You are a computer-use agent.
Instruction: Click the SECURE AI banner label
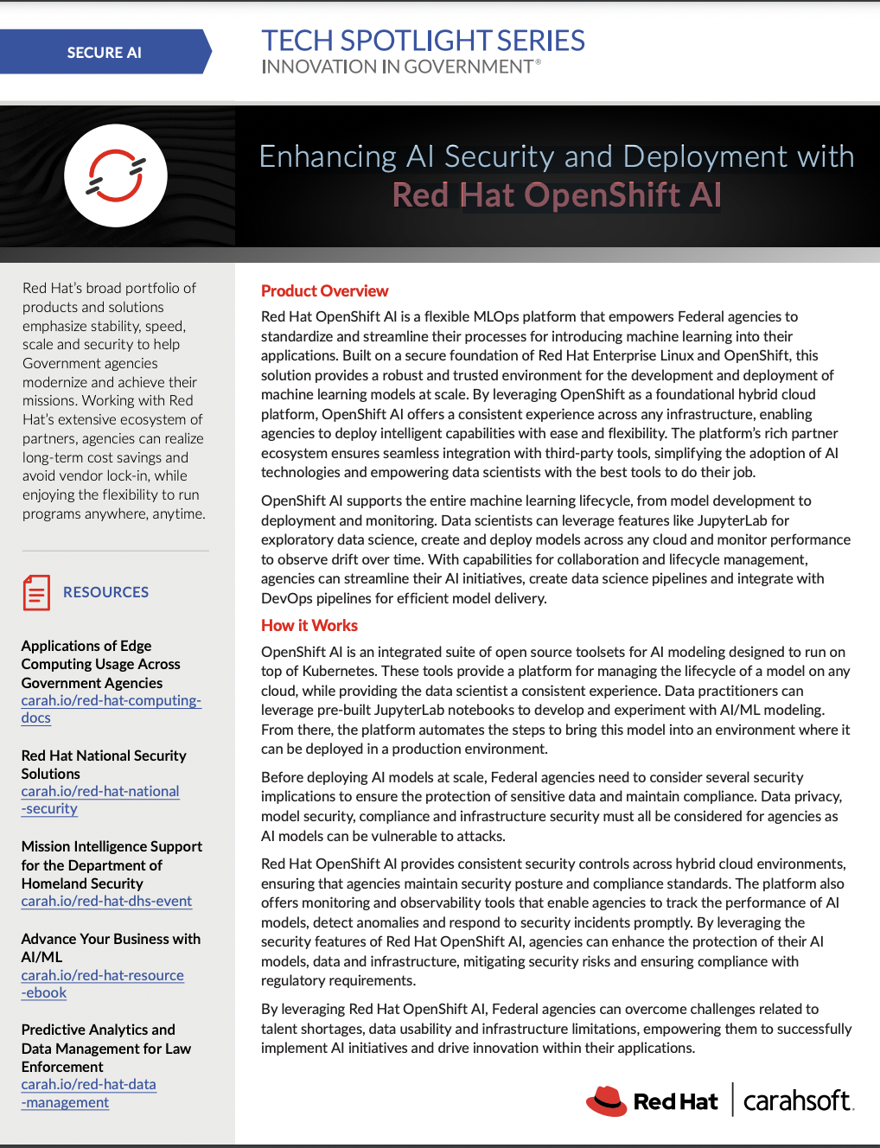104,53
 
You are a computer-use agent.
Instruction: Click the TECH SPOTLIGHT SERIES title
423,41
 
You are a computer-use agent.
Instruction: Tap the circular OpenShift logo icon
115,175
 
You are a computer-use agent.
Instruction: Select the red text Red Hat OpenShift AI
557,195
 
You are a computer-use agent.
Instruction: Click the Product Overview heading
324,291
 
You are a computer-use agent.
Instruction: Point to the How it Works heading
309,625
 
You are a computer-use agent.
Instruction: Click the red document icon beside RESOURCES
36,593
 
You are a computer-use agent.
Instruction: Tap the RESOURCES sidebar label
105,592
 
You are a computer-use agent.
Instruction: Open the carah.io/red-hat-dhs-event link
106,901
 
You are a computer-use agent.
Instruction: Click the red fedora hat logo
606,1100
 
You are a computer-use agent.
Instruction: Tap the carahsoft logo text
797,1100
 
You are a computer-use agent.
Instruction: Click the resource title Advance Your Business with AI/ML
111,947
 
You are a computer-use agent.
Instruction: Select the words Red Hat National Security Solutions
103,764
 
